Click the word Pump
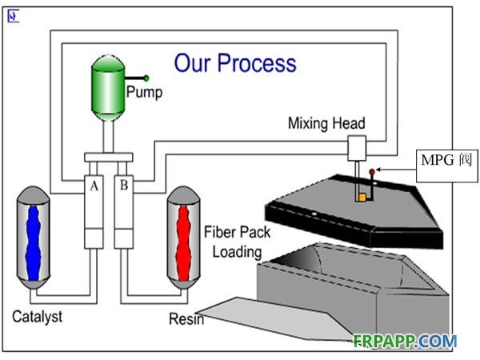point(144,93)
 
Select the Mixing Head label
point(326,123)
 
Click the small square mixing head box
point(356,146)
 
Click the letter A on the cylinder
point(95,186)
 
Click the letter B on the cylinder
point(124,186)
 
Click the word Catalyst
point(37,316)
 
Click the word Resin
point(186,320)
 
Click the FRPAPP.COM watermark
point(405,341)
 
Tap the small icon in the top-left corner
point(14,16)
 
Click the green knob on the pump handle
point(147,78)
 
